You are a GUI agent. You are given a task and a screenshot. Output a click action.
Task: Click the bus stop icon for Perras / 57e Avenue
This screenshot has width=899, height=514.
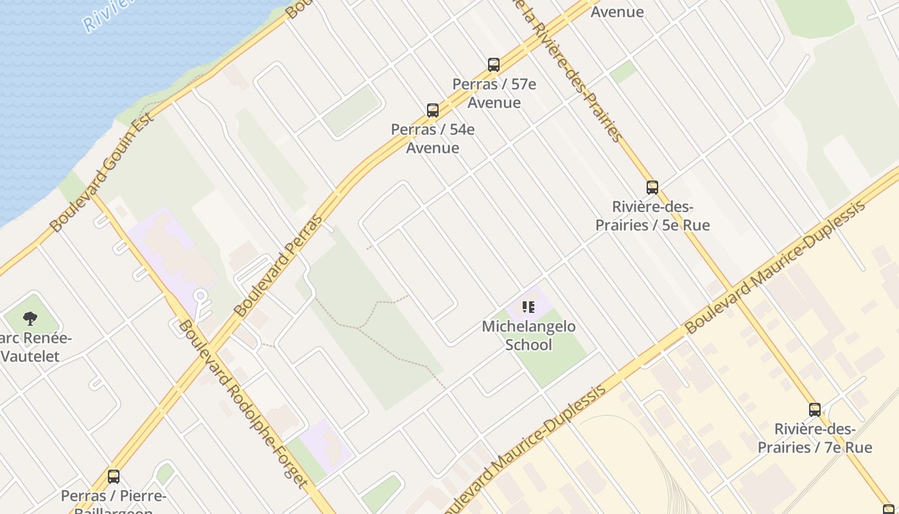click(493, 64)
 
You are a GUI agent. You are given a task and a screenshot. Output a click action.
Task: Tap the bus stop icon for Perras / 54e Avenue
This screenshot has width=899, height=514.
click(433, 110)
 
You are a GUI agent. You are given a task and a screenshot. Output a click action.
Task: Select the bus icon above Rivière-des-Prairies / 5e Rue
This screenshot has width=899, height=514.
click(652, 187)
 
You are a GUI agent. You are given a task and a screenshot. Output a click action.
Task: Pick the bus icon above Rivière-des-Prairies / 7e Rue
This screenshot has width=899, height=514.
click(815, 409)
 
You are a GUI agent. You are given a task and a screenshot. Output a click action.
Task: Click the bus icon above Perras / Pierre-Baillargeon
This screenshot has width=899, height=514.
click(114, 476)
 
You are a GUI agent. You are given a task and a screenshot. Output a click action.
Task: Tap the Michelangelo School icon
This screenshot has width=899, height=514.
click(528, 307)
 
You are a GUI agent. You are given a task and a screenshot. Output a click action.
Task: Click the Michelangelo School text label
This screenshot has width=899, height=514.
click(528, 335)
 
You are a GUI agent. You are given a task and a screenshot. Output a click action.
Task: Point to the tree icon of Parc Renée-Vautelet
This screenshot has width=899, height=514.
click(30, 318)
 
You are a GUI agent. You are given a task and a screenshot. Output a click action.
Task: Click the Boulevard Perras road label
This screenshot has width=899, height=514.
click(279, 265)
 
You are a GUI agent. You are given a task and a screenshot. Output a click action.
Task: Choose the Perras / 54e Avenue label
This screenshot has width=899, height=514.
click(433, 139)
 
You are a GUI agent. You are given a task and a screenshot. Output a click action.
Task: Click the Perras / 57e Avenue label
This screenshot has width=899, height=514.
click(494, 93)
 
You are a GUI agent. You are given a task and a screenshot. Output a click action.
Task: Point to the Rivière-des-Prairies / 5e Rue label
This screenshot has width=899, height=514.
click(652, 216)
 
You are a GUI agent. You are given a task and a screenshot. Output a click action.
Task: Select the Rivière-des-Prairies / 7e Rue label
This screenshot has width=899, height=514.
click(815, 438)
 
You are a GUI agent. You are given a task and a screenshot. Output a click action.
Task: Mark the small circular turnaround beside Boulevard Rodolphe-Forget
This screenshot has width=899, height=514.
click(200, 296)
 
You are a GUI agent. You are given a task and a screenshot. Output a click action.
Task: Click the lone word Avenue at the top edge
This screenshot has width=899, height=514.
click(617, 12)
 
